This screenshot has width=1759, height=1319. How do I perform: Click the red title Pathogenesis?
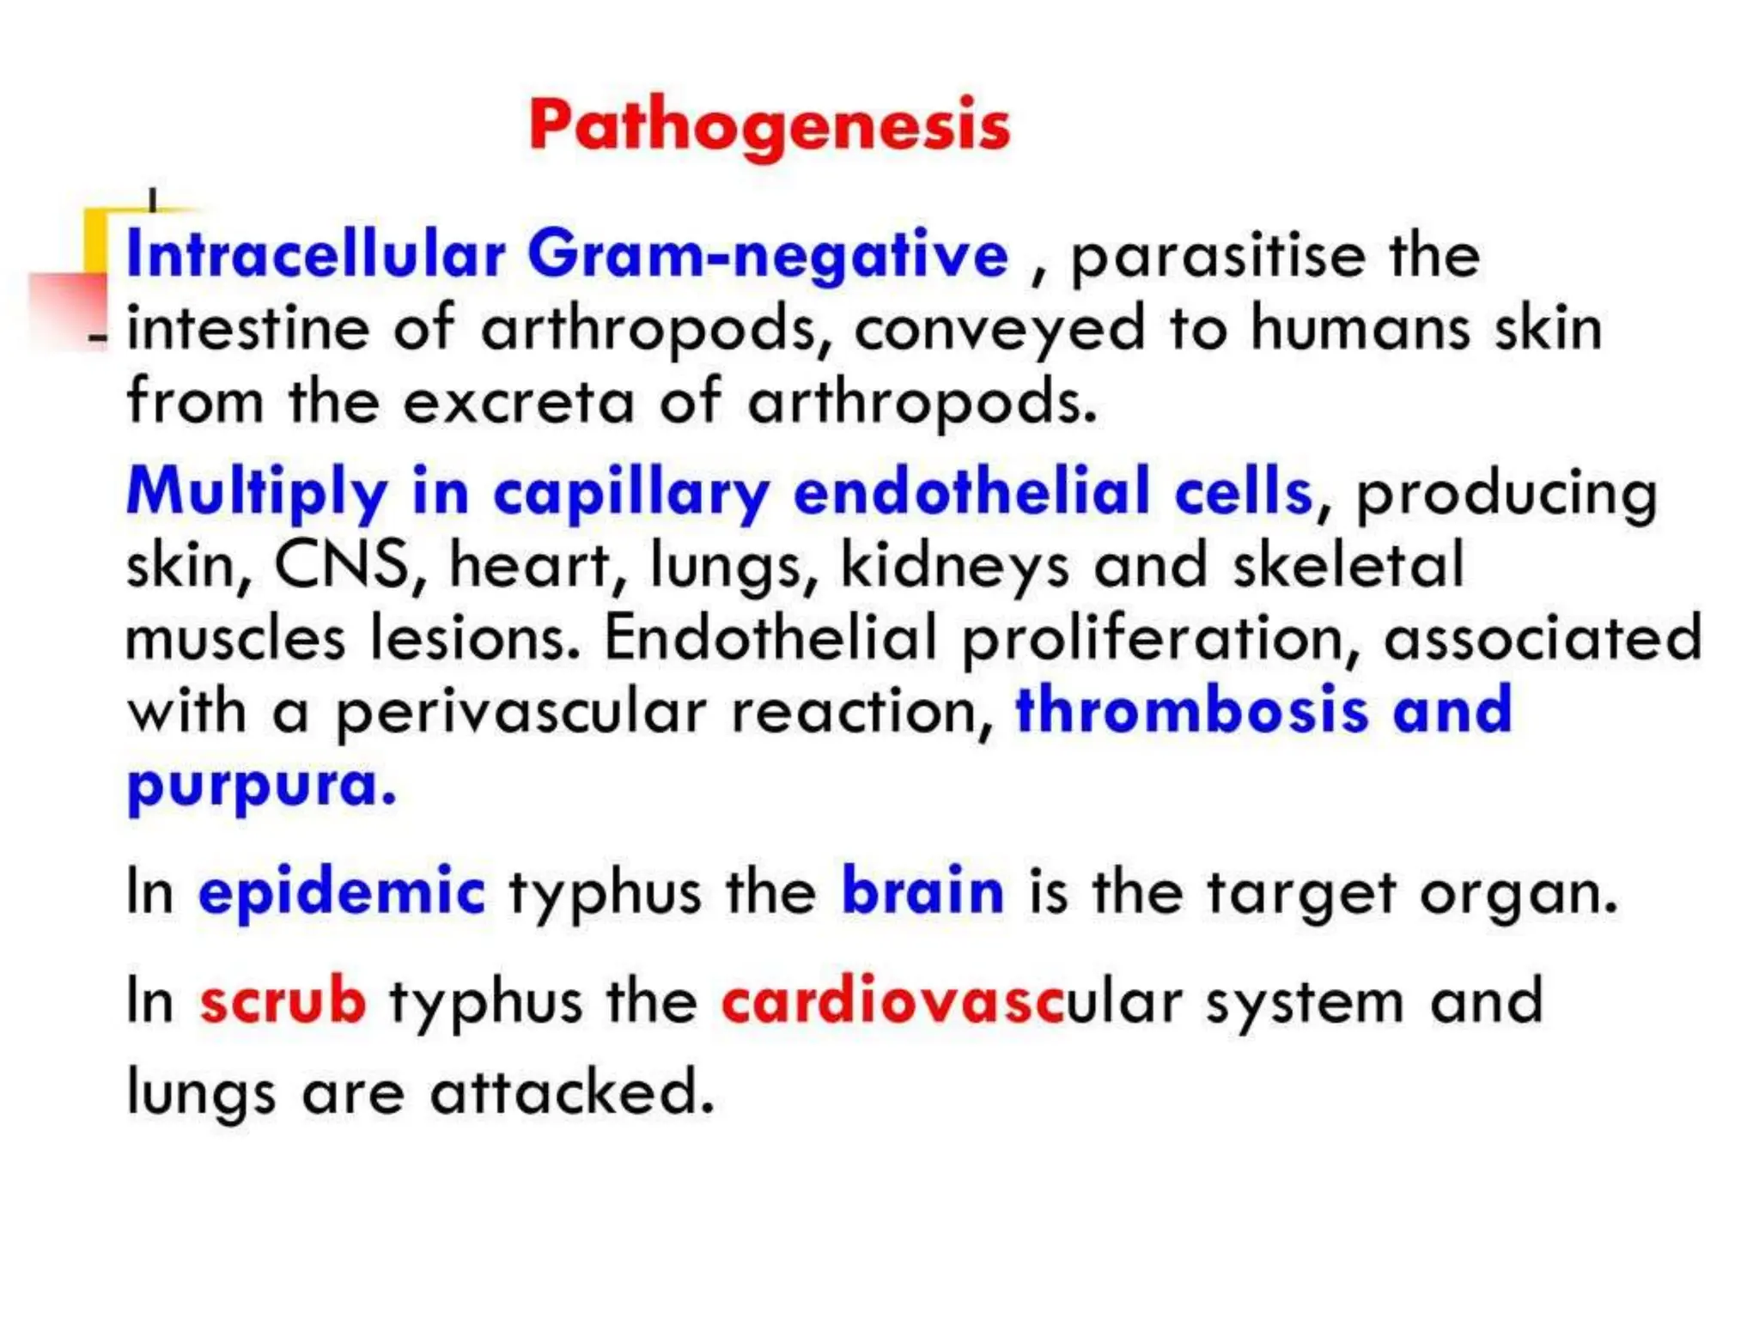(769, 126)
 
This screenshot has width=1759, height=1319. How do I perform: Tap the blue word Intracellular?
(315, 255)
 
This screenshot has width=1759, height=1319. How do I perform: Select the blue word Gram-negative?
(767, 257)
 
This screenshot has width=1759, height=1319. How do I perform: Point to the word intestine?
(247, 329)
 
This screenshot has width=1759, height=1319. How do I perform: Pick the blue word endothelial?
(971, 492)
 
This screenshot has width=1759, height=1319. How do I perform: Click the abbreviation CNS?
(341, 566)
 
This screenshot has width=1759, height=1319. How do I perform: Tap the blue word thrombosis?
(1191, 712)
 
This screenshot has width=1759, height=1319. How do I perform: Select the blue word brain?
(922, 891)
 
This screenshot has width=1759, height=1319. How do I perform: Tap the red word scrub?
(283, 1001)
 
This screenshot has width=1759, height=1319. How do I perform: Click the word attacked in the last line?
(571, 1093)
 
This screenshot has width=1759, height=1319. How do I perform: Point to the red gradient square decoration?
(67, 311)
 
